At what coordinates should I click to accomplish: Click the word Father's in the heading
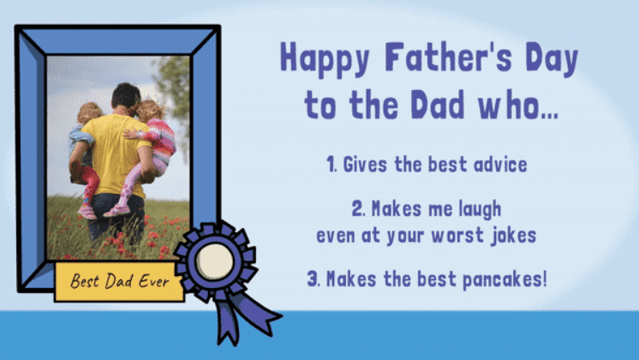pos(448,57)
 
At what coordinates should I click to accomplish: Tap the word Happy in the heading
pos(325,59)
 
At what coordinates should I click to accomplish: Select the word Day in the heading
pos(552,59)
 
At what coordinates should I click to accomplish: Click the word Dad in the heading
pos(438,105)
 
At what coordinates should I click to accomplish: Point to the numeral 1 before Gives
pos(331,165)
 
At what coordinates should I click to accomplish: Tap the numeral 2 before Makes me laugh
pos(357,209)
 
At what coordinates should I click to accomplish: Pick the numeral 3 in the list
pos(313,279)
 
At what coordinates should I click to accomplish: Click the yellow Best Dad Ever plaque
pos(119,282)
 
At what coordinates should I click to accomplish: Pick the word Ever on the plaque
pos(154,281)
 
